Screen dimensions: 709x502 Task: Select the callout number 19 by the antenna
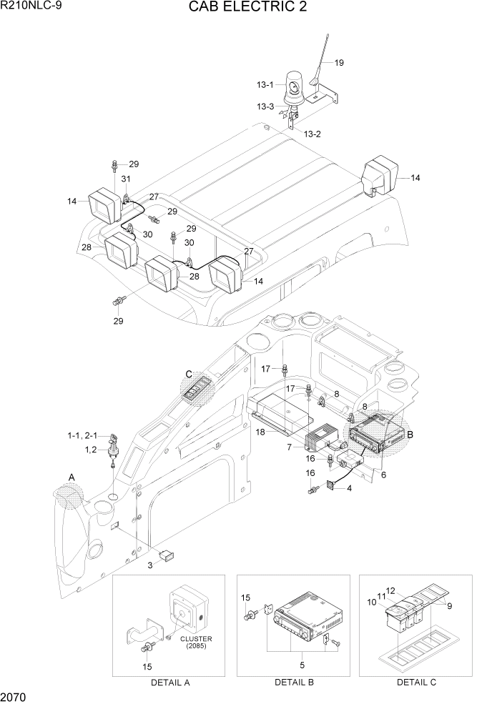click(x=339, y=63)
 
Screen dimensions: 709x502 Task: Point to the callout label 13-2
click(x=312, y=134)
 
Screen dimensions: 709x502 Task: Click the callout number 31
click(x=126, y=179)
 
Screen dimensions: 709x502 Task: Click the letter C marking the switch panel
click(x=189, y=374)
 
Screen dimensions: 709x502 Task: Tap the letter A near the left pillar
click(x=71, y=477)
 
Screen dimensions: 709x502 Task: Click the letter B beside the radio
click(x=410, y=434)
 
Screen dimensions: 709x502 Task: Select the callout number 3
click(x=151, y=565)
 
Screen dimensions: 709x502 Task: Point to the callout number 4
click(x=349, y=489)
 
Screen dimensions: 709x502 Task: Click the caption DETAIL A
click(x=170, y=683)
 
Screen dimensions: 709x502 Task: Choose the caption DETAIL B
click(x=294, y=683)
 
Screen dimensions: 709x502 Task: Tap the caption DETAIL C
click(x=416, y=683)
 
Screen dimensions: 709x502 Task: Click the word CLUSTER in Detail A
click(x=195, y=638)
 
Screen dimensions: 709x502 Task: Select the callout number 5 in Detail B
click(x=302, y=665)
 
